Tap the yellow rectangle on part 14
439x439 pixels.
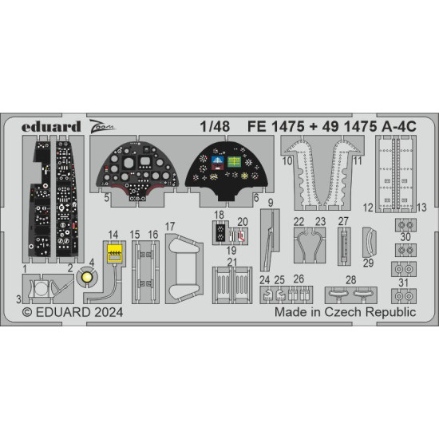[115, 255]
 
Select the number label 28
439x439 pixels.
[350, 279]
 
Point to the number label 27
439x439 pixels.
[343, 221]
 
